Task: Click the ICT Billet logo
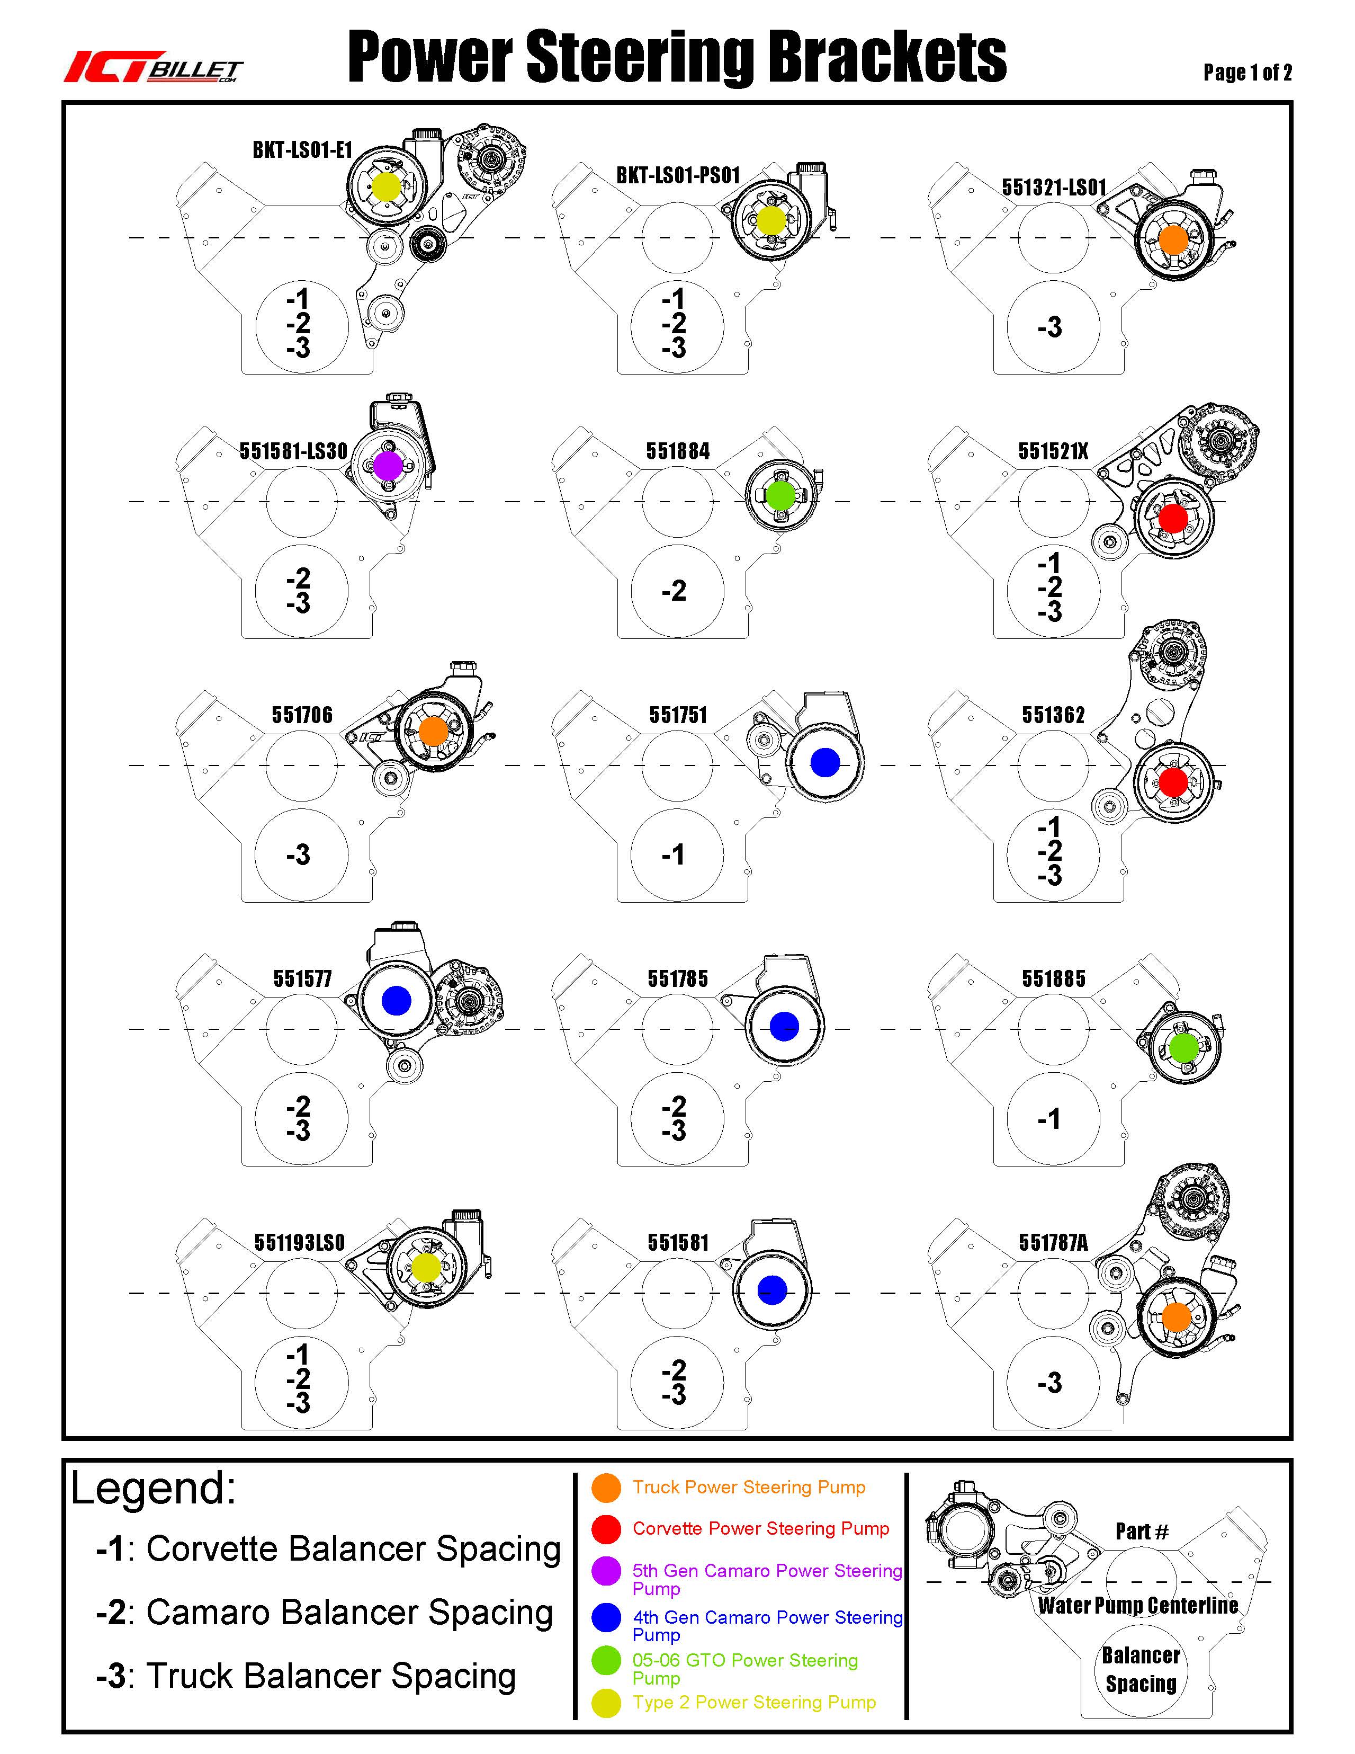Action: pos(152,67)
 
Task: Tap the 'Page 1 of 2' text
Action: pos(1246,72)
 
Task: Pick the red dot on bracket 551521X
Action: pos(1173,518)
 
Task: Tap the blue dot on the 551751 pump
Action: pos(825,762)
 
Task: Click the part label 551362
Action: pos(1053,715)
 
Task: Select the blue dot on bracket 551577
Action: pos(396,1000)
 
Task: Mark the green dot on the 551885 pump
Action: pos(1184,1047)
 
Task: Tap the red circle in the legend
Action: pos(606,1529)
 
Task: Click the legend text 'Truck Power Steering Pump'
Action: pos(748,1488)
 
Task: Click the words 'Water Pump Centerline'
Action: pos(1137,1606)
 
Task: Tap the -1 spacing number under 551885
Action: pos(1049,1119)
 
